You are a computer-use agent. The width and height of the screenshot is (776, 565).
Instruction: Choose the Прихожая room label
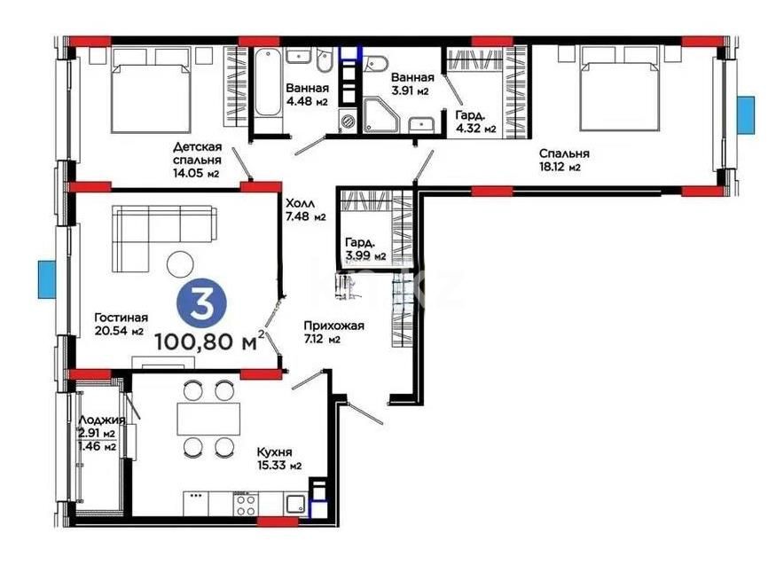[333, 331]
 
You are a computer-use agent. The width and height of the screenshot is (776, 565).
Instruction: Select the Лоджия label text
[101, 420]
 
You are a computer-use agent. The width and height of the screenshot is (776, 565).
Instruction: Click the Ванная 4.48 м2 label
[308, 94]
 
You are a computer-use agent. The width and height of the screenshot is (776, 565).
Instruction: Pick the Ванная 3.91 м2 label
[413, 83]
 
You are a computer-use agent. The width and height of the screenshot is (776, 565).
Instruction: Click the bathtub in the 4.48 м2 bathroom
[266, 84]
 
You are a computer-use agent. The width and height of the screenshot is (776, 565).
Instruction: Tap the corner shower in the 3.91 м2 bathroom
[380, 115]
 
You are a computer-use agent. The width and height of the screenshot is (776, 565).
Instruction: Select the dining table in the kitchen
[209, 418]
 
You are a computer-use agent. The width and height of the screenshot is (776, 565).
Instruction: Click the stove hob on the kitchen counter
[245, 504]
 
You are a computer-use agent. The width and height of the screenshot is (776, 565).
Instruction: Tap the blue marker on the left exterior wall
[46, 280]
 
